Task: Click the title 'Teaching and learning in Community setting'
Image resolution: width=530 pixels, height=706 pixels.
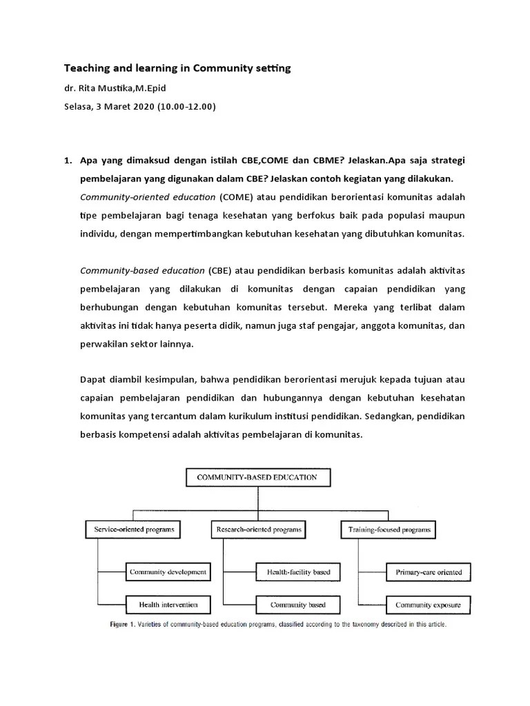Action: pyautogui.click(x=177, y=68)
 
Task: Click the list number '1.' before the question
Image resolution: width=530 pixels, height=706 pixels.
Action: pyautogui.click(x=68, y=161)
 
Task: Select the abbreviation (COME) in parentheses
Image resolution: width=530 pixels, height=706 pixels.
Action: pyautogui.click(x=237, y=196)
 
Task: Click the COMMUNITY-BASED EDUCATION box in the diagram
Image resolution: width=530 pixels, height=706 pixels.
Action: pyautogui.click(x=257, y=477)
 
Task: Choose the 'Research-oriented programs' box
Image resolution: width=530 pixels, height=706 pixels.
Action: pyautogui.click(x=259, y=529)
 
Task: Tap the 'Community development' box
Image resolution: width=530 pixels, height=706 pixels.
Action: pyautogui.click(x=168, y=572)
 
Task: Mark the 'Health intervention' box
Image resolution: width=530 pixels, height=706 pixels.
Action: pyautogui.click(x=168, y=605)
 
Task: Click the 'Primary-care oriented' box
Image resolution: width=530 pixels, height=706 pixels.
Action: pyautogui.click(x=428, y=572)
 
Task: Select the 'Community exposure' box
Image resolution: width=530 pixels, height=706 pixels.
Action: pyautogui.click(x=428, y=605)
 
